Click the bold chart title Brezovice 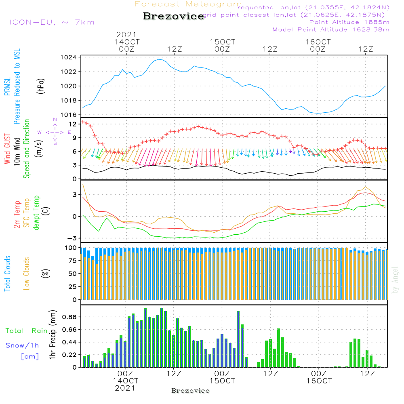click(x=174, y=16)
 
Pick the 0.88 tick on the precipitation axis click(x=69, y=317)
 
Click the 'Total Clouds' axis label click(x=7, y=273)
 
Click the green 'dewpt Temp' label click(x=36, y=213)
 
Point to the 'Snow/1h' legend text click(x=22, y=345)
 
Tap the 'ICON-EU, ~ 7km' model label click(x=52, y=22)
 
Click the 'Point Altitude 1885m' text click(x=349, y=22)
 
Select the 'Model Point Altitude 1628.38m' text click(x=331, y=29)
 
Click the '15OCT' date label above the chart click(x=222, y=42)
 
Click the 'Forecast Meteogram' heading click(x=188, y=4)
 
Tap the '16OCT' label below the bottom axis click(x=319, y=381)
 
